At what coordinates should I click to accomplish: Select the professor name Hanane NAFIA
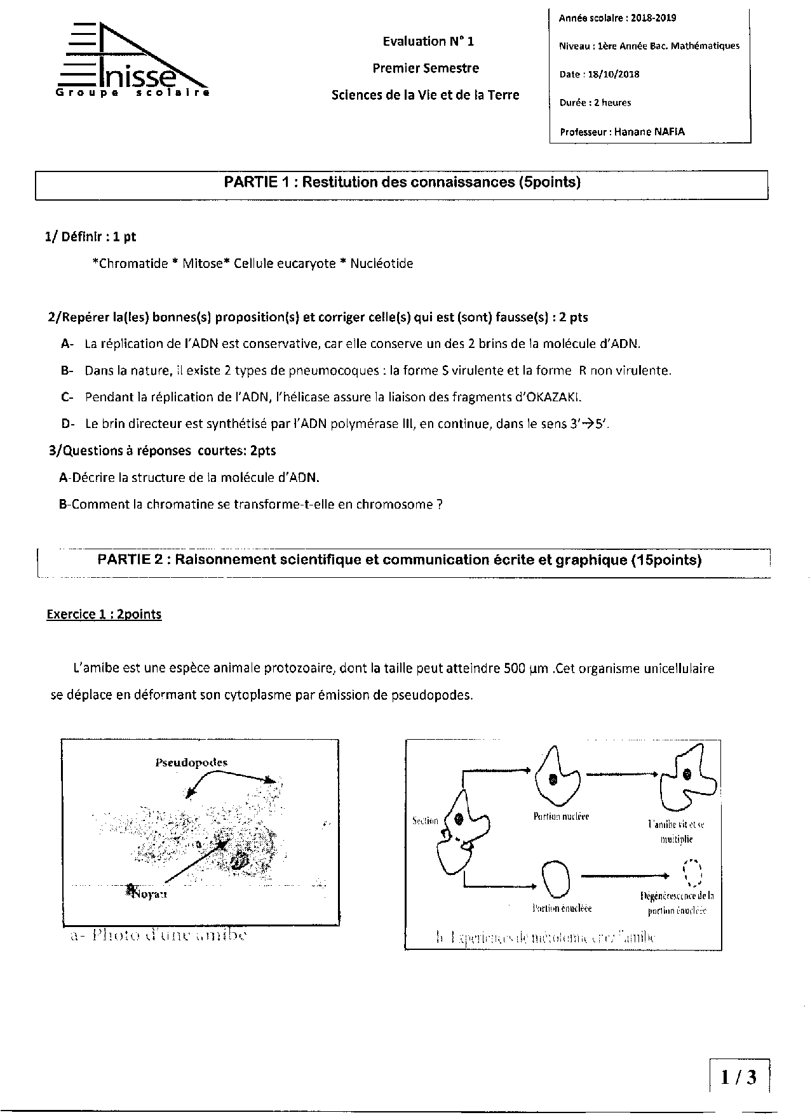(x=649, y=132)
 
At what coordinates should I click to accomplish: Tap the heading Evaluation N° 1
(x=428, y=42)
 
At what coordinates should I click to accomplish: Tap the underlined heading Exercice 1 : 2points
(x=104, y=615)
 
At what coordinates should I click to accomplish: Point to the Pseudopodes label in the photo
(x=191, y=763)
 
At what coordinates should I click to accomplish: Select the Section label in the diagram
(x=425, y=820)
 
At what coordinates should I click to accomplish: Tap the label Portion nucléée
(x=561, y=817)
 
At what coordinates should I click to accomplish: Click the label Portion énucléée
(x=562, y=909)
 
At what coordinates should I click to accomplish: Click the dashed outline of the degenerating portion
(x=691, y=873)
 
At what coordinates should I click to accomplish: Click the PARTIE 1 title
(x=402, y=183)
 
